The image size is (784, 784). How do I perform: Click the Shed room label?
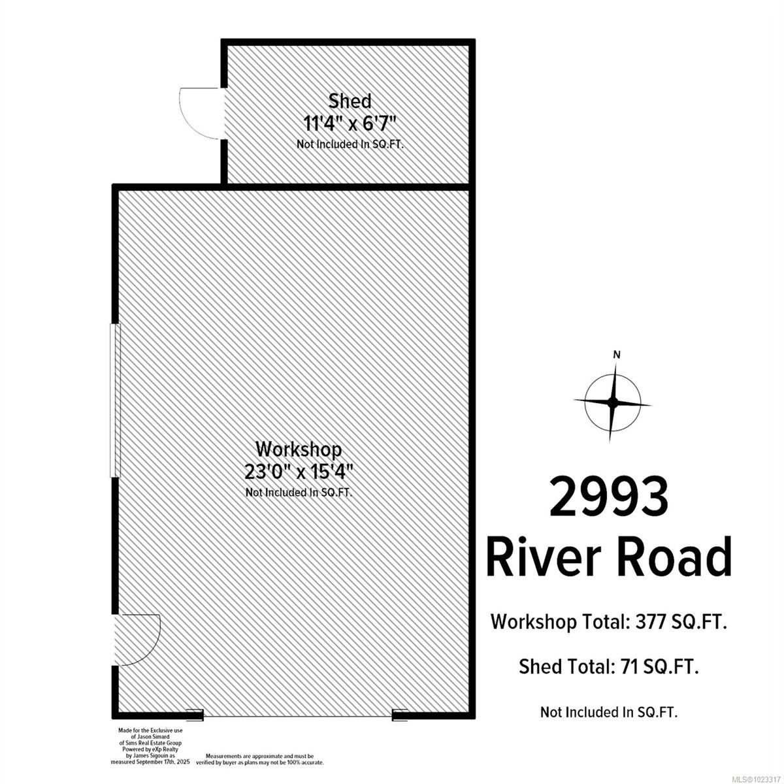point(350,101)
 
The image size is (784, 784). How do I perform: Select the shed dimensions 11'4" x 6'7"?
point(350,122)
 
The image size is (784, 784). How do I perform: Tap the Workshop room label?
point(299,449)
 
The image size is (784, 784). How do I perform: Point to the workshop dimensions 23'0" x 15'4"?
point(299,471)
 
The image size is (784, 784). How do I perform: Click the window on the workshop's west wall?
point(115,400)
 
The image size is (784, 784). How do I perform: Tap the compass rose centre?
point(613,402)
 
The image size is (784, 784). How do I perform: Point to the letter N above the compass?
point(616,355)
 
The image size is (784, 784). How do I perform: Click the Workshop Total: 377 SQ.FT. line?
point(609,622)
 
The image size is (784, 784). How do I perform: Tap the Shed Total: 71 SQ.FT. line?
point(609,666)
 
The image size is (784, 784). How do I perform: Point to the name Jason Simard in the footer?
point(145,736)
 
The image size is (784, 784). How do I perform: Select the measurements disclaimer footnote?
point(265,758)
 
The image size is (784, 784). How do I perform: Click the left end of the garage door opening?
point(195,715)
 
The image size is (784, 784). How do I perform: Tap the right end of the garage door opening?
point(400,715)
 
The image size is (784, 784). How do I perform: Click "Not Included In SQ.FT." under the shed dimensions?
point(350,144)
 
